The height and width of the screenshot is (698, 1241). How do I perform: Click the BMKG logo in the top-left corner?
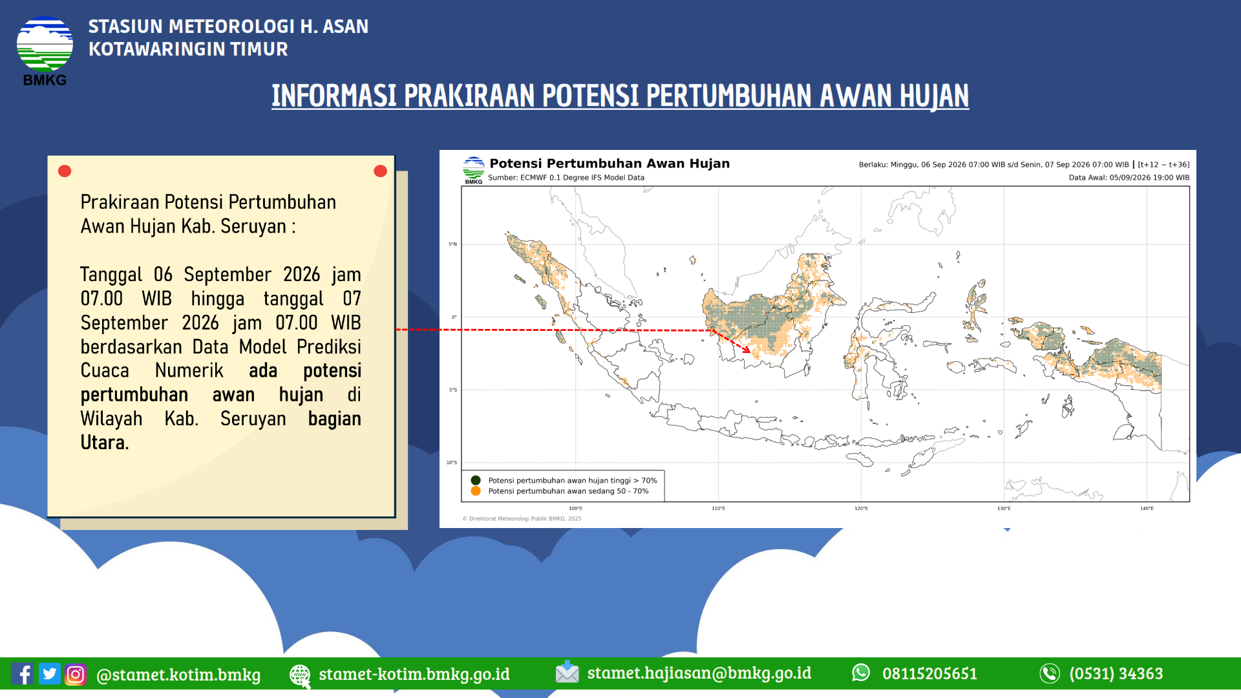pos(45,50)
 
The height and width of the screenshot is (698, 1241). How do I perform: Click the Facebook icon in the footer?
pos(22,673)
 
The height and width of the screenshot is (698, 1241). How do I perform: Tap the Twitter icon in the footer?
pos(49,673)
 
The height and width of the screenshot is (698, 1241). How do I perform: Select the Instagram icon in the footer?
pos(75,674)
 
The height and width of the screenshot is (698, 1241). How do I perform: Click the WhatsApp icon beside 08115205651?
pos(861,673)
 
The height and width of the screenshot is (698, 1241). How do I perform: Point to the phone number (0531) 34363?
pos(1116,673)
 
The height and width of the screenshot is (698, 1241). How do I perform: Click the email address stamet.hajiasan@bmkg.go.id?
pos(699,673)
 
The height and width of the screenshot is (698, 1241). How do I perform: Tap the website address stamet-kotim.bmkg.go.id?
pos(414,674)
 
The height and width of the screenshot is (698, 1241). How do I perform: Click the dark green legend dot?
pos(476,480)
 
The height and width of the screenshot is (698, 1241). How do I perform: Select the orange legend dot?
pos(476,491)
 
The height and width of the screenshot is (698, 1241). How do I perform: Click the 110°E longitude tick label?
pos(718,509)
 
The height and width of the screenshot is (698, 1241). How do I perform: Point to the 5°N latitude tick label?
pos(452,244)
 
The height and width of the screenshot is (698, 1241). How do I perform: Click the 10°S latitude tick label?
pos(451,463)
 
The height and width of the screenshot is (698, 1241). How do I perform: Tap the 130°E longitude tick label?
pos(1004,509)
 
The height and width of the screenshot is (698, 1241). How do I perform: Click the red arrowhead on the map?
pos(746,349)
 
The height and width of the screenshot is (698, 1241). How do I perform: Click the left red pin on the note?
pos(65,171)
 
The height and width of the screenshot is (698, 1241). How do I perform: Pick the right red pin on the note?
pos(380,171)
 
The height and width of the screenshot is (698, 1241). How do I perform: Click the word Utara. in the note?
pos(105,443)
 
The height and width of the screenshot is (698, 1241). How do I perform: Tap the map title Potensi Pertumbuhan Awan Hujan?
pos(610,164)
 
